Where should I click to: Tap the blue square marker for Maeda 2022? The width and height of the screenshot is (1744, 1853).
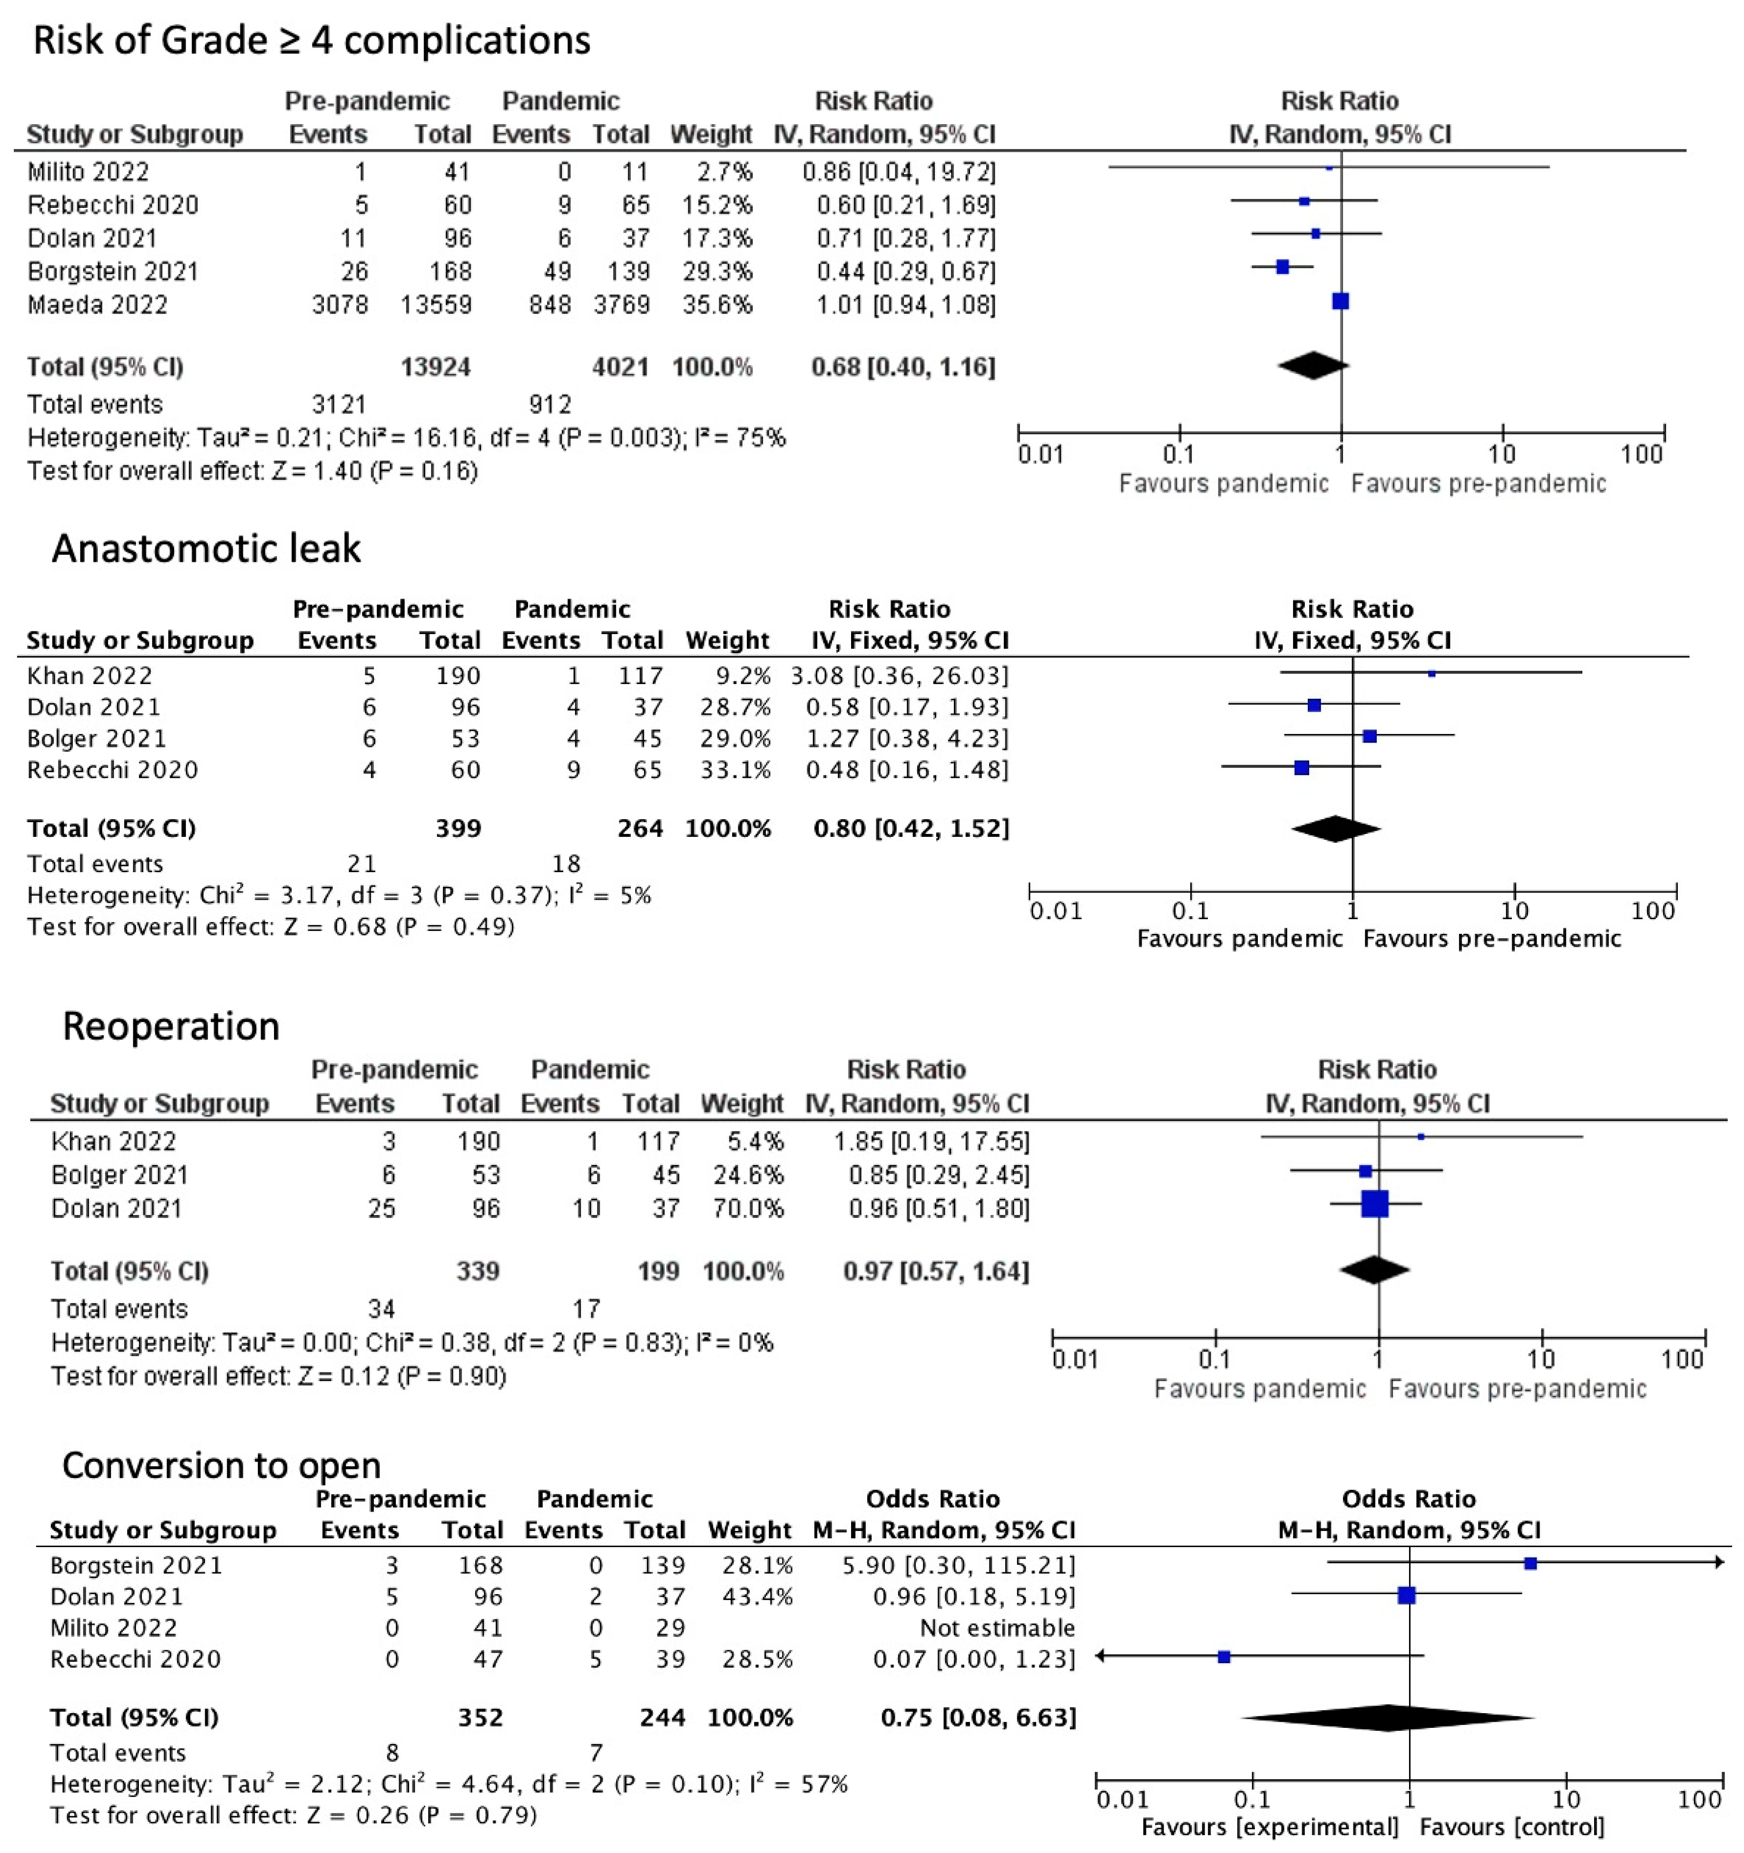[1341, 301]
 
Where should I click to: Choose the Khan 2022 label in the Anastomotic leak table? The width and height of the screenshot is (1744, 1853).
[89, 676]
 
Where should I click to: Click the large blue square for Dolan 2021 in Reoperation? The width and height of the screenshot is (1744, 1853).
[1375, 1204]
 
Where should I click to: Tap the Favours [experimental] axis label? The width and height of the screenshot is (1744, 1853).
[1270, 1827]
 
